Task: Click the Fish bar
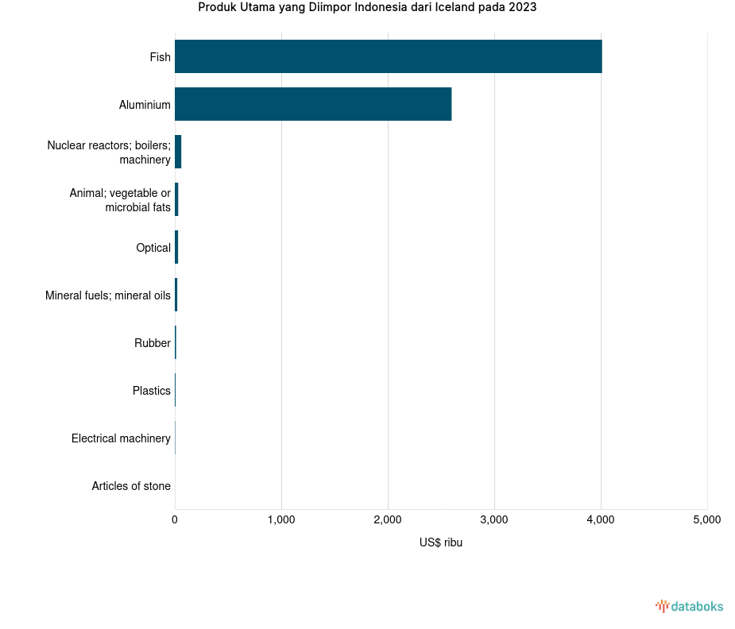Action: pos(388,56)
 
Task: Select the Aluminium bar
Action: pos(313,104)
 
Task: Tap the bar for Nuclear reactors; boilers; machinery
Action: pos(178,152)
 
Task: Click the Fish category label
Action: pos(160,57)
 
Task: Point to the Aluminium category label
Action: pos(145,105)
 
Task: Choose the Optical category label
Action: pos(153,248)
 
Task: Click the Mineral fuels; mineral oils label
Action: pos(108,295)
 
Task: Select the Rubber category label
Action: pos(153,343)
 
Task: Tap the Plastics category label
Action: pos(152,391)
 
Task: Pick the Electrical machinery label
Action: pos(121,438)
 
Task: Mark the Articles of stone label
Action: pos(131,486)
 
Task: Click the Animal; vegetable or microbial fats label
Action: pos(120,200)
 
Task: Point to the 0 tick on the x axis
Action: pos(175,520)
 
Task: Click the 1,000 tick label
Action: pos(281,520)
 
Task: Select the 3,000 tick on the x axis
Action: pos(494,520)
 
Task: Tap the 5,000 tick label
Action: pos(707,520)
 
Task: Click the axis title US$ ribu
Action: pos(441,542)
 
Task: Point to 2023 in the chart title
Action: pos(521,8)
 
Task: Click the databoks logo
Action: pos(690,607)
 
